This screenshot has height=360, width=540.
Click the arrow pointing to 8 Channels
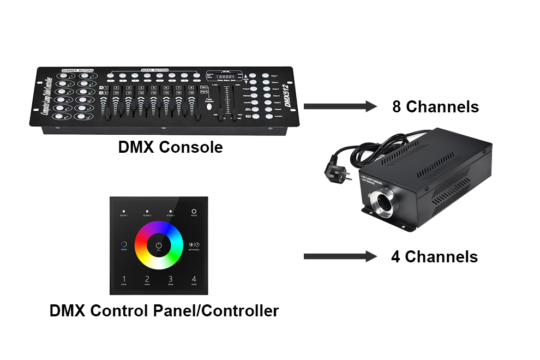pos(340,106)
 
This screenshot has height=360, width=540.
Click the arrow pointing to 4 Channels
pos(340,256)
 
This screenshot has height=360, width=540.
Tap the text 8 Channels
pos(435,106)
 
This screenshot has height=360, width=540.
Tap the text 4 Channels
pos(434,256)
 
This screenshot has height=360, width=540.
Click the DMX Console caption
pos(170,147)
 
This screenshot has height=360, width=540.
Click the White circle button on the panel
pos(194,211)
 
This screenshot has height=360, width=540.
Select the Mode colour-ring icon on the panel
pos(124,245)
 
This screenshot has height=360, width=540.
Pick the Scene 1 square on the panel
pos(124,211)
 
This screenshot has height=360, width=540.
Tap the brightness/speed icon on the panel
pos(194,245)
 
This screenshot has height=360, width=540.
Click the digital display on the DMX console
pos(224,77)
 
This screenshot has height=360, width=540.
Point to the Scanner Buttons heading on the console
pos(78,70)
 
